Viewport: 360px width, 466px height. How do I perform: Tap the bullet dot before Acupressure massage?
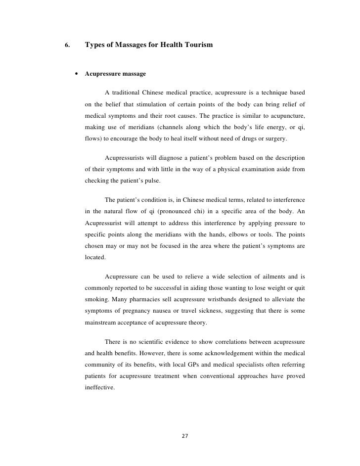pos(77,74)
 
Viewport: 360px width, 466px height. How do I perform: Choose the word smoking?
pos(97,300)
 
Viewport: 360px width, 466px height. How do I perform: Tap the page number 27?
pos(185,436)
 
